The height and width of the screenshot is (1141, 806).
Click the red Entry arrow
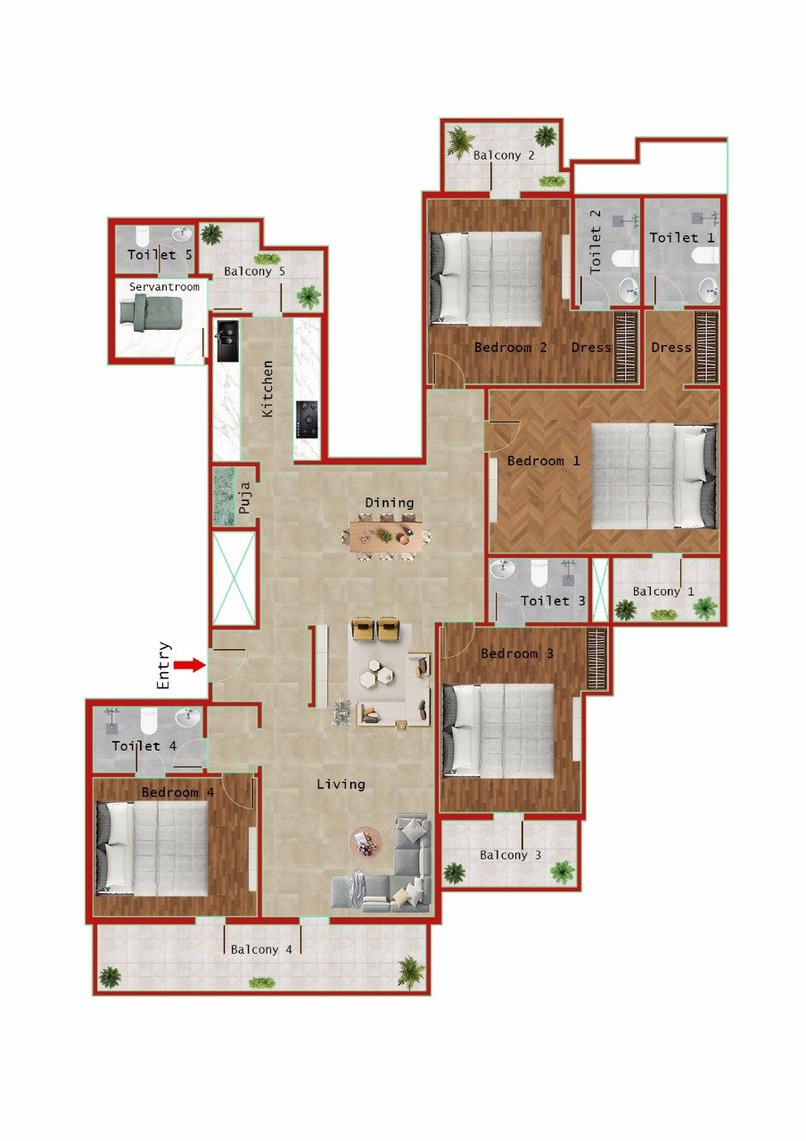click(x=188, y=665)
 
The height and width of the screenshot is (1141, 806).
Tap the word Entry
click(x=164, y=666)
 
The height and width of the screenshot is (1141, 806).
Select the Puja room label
click(x=243, y=498)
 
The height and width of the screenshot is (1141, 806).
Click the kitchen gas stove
click(x=308, y=419)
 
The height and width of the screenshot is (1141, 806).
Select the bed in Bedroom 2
click(x=487, y=278)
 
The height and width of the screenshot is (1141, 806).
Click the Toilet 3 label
click(x=553, y=601)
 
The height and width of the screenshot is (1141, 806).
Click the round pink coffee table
click(x=366, y=841)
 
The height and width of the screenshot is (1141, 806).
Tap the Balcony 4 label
click(x=261, y=949)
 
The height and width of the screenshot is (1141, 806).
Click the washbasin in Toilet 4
click(x=188, y=718)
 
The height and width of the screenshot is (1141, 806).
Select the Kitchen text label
click(x=267, y=390)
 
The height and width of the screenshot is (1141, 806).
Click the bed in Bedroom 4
click(x=157, y=848)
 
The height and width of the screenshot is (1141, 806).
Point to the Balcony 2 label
click(x=504, y=155)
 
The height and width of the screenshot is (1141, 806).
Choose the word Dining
click(x=389, y=503)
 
